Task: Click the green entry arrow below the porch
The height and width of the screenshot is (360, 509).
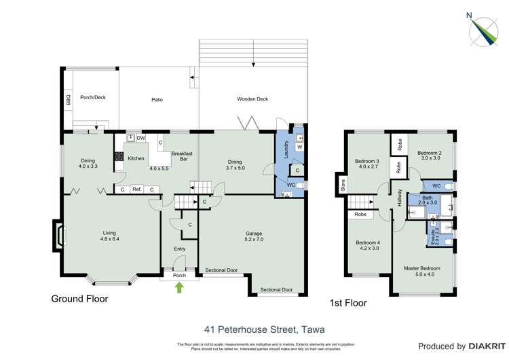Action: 179,287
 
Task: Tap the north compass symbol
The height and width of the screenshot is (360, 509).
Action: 483,28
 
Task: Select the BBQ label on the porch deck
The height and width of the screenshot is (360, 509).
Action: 68,100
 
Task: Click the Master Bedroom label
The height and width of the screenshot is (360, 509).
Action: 421,268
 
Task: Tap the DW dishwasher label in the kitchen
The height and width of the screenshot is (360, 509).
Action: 140,139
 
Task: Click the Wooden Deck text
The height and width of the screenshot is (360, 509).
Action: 252,99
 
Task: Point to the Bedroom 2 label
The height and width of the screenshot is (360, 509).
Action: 429,154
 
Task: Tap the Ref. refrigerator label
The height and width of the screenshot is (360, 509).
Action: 136,190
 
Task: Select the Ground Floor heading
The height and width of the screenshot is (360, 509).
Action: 79,298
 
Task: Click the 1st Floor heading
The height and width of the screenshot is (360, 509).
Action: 347,303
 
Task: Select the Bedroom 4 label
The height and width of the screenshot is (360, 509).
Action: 369,245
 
